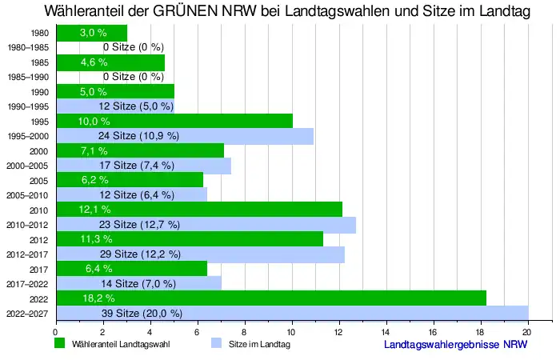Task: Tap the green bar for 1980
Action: click(91, 33)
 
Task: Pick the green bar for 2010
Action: click(199, 210)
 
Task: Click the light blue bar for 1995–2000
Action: click(185, 136)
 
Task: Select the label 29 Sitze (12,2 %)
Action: click(139, 254)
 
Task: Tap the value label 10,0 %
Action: click(94, 121)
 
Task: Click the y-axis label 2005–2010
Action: click(28, 195)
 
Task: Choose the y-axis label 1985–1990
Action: click(28, 78)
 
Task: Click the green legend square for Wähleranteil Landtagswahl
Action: click(58, 344)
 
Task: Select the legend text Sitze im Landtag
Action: click(259, 344)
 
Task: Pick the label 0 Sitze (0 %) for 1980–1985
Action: click(133, 48)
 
